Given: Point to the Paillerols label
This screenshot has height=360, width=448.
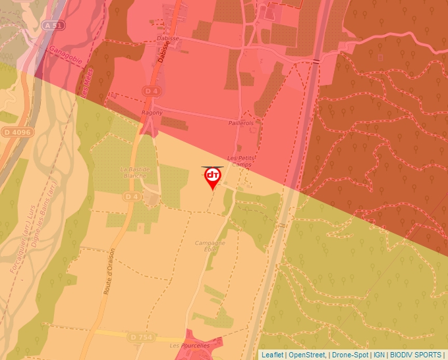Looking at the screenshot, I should click(x=240, y=123).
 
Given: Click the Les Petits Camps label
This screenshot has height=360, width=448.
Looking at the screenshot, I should click(x=240, y=161).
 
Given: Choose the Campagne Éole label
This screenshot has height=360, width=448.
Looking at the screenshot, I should click(x=210, y=246).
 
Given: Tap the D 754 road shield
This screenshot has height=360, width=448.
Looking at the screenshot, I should click(x=142, y=337).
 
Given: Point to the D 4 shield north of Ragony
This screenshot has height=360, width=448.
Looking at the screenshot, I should click(x=152, y=90).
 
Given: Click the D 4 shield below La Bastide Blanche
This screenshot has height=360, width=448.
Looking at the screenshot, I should click(x=132, y=196).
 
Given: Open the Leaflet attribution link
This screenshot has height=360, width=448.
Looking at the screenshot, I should click(x=272, y=355).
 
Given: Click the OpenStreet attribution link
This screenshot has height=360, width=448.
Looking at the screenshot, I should click(x=306, y=355).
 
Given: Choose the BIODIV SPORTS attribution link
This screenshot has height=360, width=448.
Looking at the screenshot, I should click(x=414, y=355).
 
